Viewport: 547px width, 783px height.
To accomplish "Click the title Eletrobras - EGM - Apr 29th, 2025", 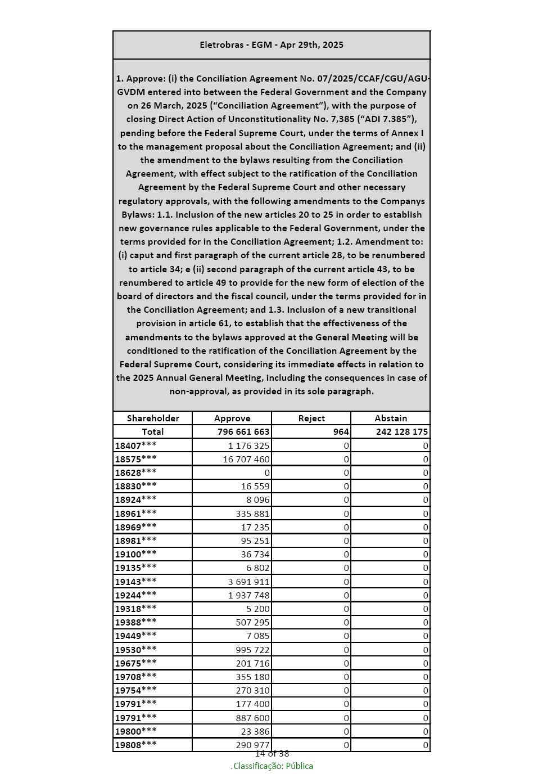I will (272, 45).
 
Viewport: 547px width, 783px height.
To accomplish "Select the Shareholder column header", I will (152, 418).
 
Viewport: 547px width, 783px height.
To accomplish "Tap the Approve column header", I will (232, 418).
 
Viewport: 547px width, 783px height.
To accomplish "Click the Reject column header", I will (311, 418).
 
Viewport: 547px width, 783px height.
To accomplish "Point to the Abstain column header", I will (391, 418).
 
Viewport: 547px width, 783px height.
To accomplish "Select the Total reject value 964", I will (341, 432).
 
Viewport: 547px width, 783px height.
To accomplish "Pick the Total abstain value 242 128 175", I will (402, 432).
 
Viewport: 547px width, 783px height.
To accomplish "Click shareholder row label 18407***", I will (135, 445).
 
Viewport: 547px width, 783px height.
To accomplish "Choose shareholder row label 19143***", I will (135, 582).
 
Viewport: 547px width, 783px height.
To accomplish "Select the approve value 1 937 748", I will (249, 595).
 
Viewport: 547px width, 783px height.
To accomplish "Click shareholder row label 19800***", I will (135, 731).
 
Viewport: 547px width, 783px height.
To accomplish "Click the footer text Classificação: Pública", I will (273, 766).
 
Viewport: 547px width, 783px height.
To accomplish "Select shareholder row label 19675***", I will (135, 663).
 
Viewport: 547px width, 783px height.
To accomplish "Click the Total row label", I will (152, 432).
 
